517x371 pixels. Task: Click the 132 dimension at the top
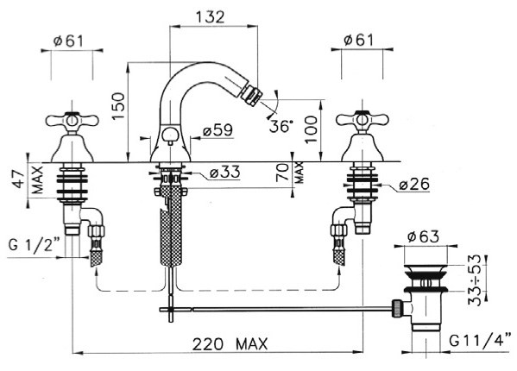[x=211, y=16]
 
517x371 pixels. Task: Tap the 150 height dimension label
[x=118, y=106]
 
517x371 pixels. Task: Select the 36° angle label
[x=281, y=126]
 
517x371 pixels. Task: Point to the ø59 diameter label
[x=218, y=130]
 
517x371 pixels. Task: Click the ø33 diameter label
[x=225, y=172]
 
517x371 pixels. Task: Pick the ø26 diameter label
[x=414, y=184]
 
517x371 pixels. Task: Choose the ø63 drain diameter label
[x=424, y=236]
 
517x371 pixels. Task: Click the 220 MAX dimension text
[x=230, y=344]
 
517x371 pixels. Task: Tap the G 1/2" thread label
[x=34, y=244]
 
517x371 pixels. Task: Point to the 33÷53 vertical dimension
[x=475, y=280]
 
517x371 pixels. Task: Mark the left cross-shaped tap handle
[x=73, y=121]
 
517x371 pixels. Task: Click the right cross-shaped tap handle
[x=362, y=120]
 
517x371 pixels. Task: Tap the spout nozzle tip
[x=251, y=95]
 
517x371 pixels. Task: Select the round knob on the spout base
[x=170, y=135]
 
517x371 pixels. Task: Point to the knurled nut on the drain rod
[x=397, y=308]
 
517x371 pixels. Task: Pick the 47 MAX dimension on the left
[x=28, y=179]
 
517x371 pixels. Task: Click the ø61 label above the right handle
[x=359, y=40]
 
